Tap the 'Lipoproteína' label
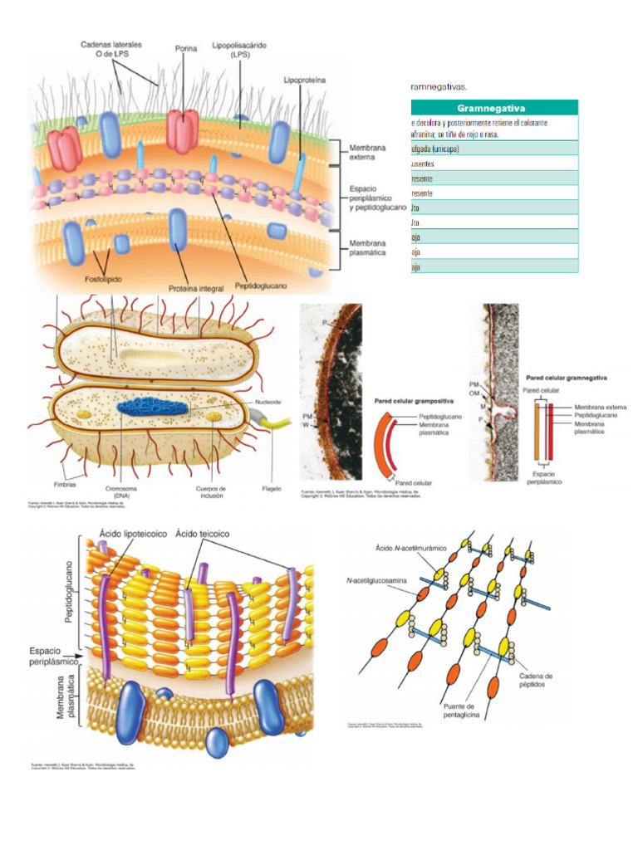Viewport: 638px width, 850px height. tap(304, 81)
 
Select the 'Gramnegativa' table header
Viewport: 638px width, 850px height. tap(494, 108)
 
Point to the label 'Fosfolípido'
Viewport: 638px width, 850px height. tap(103, 280)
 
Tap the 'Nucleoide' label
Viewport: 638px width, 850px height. tap(268, 402)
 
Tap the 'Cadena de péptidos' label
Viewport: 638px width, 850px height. tap(537, 680)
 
